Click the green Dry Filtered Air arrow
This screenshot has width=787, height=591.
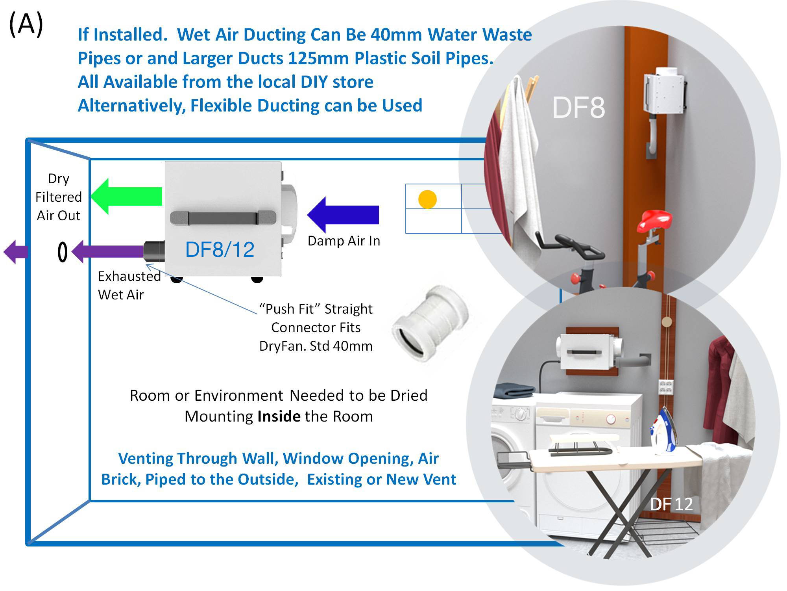[126, 196]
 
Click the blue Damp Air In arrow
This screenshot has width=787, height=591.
[343, 215]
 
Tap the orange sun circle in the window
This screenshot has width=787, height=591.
[427, 199]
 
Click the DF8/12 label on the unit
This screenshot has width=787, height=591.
[220, 249]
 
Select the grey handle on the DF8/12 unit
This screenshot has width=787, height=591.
[223, 218]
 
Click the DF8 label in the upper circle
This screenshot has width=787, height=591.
[578, 108]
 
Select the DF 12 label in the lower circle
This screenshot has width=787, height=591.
[671, 504]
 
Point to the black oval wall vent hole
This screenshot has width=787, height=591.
[63, 252]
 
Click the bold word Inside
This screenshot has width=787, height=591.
[279, 416]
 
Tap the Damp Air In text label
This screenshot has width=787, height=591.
[344, 241]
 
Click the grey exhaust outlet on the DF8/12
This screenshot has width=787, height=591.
[154, 251]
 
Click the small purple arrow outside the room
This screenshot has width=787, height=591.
[16, 252]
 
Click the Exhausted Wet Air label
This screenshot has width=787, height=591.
[129, 285]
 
